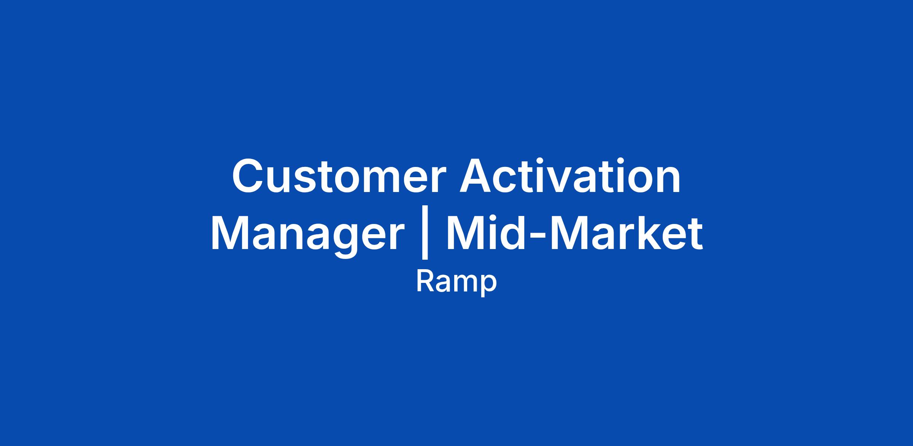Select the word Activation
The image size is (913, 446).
click(570, 176)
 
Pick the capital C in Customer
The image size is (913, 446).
click(249, 176)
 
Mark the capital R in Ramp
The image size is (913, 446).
click(426, 282)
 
